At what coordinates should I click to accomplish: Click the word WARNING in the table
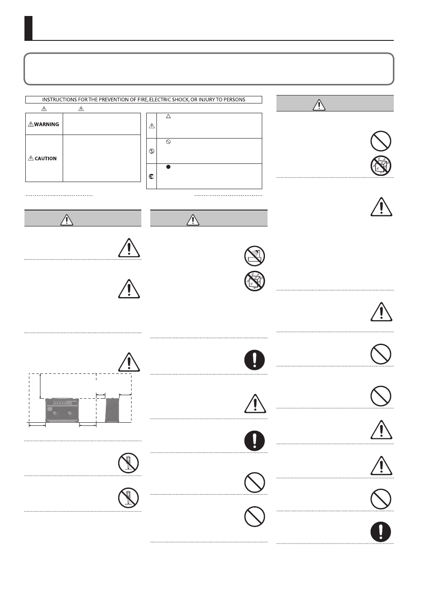(x=47, y=124)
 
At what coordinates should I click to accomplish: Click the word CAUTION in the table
(x=46, y=159)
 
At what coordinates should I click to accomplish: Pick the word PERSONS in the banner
(x=235, y=100)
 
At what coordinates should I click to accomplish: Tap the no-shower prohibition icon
(x=255, y=256)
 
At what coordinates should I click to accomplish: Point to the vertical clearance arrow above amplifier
(x=40, y=386)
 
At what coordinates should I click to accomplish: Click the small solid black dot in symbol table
(x=168, y=167)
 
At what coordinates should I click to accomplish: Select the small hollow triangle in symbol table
(x=168, y=116)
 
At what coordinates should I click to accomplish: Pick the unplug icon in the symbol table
(x=152, y=176)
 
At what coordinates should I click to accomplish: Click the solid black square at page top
(x=28, y=28)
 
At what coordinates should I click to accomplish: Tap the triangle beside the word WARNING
(x=31, y=124)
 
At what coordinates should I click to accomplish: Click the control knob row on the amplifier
(x=63, y=403)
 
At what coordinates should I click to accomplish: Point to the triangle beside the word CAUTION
(x=31, y=159)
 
